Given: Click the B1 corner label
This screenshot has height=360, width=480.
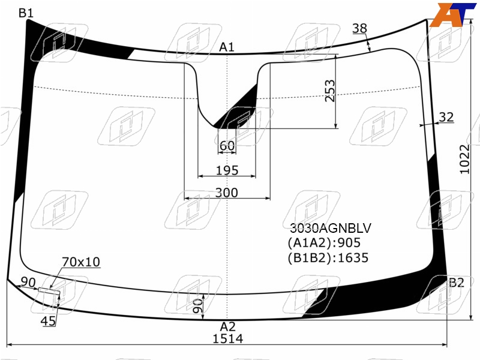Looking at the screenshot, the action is pyautogui.click(x=26, y=13).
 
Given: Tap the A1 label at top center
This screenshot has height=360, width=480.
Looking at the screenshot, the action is pyautogui.click(x=227, y=47).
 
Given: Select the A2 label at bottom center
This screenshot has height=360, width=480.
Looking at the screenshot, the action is pyautogui.click(x=228, y=326).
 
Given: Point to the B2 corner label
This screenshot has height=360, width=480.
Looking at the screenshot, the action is pyautogui.click(x=457, y=283).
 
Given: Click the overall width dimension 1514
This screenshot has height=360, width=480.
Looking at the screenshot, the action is pyautogui.click(x=228, y=338).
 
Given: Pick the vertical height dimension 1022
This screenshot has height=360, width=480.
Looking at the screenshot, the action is pyautogui.click(x=464, y=159).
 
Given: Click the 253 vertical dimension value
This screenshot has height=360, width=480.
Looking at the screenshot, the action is pyautogui.click(x=330, y=91).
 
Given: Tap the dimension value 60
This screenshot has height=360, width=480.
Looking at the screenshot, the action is pyautogui.click(x=227, y=146).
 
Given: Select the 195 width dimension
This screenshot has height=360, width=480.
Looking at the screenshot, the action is pyautogui.click(x=227, y=170).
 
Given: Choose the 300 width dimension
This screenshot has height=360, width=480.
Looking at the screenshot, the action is pyautogui.click(x=227, y=193).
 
